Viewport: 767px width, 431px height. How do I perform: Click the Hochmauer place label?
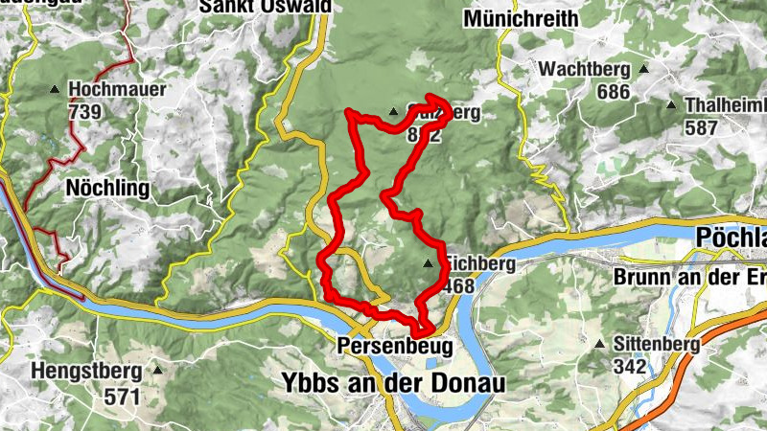click(x=118, y=90)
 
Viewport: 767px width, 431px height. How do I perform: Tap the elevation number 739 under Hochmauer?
click(x=85, y=111)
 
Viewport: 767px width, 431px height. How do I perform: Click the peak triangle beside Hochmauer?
click(x=54, y=90)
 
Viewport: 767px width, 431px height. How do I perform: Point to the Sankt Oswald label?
click(x=265, y=7)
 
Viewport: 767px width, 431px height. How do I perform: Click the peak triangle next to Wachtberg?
click(x=644, y=70)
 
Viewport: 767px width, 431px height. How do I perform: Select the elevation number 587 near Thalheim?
click(x=702, y=126)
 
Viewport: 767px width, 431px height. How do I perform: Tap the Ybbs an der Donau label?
click(x=393, y=381)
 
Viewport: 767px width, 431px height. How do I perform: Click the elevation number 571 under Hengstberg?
click(x=124, y=395)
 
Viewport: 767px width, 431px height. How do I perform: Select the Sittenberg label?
click(x=657, y=344)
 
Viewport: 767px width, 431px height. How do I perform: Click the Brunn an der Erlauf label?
click(x=690, y=278)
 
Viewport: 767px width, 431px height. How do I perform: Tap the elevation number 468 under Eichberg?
click(x=458, y=285)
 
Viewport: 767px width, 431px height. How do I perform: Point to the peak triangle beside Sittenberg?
click(x=600, y=344)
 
